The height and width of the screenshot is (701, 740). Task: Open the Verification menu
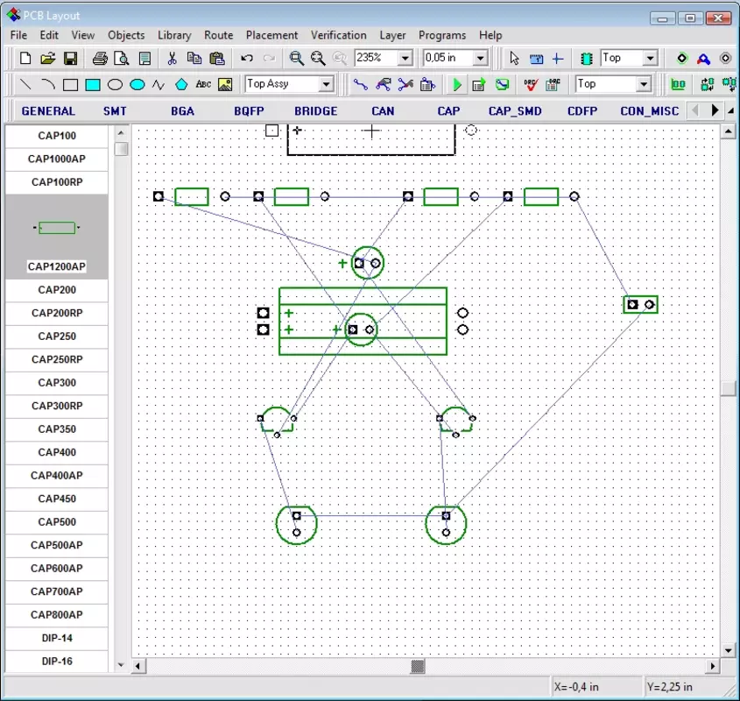pyautogui.click(x=338, y=35)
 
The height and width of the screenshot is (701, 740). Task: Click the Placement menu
pyautogui.click(x=271, y=35)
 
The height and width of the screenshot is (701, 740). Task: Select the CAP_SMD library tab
pyautogui.click(x=515, y=111)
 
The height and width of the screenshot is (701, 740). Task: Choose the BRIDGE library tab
pyautogui.click(x=316, y=111)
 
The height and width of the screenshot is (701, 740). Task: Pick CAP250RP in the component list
pyautogui.click(x=57, y=359)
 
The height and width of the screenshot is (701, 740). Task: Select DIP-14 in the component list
pyautogui.click(x=57, y=638)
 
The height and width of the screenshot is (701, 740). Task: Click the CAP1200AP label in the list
pyautogui.click(x=57, y=266)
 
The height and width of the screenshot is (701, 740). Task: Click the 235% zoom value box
pyautogui.click(x=377, y=58)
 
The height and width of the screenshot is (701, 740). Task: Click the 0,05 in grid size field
pyautogui.click(x=448, y=58)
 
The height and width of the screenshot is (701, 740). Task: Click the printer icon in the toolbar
pyautogui.click(x=100, y=58)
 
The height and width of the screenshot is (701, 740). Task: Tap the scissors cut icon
pyautogui.click(x=172, y=58)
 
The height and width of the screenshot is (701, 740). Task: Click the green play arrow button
pyautogui.click(x=457, y=85)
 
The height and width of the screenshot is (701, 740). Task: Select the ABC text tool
pyautogui.click(x=203, y=84)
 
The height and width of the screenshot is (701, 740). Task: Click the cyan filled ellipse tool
pyautogui.click(x=137, y=85)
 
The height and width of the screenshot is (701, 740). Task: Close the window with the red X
pyautogui.click(x=718, y=18)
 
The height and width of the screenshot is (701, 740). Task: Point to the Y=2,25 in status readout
pyautogui.click(x=669, y=687)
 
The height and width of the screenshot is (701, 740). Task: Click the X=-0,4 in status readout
pyautogui.click(x=576, y=687)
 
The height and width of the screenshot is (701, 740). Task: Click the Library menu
pyautogui.click(x=174, y=35)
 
